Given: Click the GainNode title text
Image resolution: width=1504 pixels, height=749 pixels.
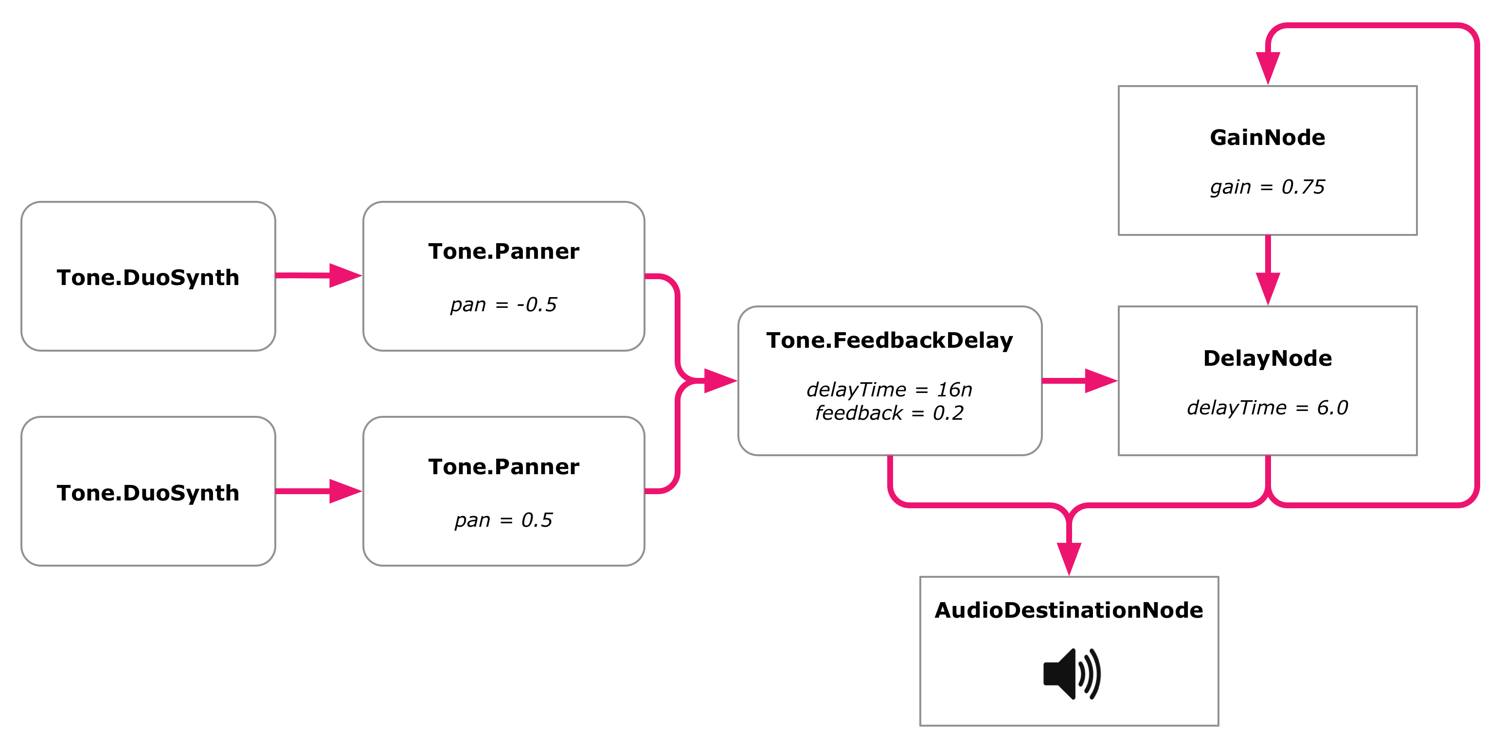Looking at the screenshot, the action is point(1267,138).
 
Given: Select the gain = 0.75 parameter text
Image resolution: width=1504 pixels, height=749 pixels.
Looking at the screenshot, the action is point(1267,187).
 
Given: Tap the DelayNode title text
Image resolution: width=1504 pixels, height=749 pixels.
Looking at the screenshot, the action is point(1268,358).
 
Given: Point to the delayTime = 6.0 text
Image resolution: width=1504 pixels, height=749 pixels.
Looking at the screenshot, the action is point(1268,408).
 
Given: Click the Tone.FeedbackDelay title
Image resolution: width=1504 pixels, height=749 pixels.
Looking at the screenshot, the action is point(890,340).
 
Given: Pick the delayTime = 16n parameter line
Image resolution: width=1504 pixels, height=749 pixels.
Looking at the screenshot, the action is point(889,390).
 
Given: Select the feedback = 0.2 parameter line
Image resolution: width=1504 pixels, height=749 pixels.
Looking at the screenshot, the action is point(889,413).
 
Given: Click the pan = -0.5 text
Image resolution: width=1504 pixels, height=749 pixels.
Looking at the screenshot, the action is point(503,305).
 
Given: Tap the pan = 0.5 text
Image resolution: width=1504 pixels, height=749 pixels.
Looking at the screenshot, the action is point(503,520).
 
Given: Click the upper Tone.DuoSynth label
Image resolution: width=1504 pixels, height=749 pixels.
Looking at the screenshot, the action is point(148,277).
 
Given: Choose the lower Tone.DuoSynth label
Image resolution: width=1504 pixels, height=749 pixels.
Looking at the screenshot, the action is point(148,493).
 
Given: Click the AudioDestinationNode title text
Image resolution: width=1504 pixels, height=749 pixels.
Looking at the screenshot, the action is point(1069,610).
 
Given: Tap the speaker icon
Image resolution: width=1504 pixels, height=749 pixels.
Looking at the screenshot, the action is point(1072,674).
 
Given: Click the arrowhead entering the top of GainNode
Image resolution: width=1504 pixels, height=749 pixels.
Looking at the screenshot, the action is point(1268,68).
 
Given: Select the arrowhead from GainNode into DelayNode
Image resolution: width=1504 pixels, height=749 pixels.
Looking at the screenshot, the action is point(1268,289).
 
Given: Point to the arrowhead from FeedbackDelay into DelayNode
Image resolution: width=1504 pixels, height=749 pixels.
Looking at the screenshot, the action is point(1101,381).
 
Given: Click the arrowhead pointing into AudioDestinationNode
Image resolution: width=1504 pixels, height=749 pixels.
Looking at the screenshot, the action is point(1069,559).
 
